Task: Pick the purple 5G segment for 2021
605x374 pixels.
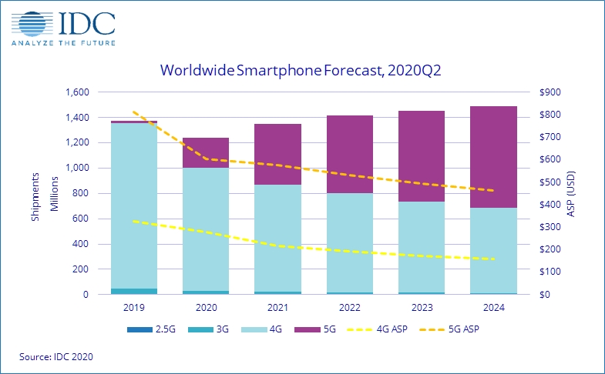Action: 277,154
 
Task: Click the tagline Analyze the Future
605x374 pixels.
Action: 64,43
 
